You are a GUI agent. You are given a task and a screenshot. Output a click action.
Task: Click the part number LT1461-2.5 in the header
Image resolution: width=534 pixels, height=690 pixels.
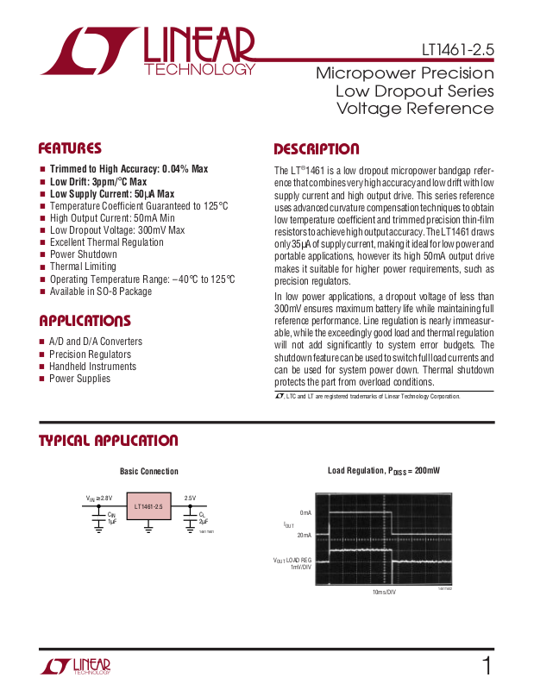click(x=458, y=49)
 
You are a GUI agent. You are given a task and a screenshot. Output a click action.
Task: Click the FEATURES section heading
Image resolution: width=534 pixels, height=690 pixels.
click(x=70, y=148)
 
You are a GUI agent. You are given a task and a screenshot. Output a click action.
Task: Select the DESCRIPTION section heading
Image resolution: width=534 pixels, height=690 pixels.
click(x=316, y=149)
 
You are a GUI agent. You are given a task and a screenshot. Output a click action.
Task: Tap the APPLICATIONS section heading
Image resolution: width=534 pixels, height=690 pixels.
click(x=85, y=321)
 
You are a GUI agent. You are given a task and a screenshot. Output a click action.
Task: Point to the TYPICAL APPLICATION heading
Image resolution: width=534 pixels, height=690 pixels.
click(x=108, y=441)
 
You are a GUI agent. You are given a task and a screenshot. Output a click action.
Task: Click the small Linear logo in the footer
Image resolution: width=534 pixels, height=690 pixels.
click(x=76, y=666)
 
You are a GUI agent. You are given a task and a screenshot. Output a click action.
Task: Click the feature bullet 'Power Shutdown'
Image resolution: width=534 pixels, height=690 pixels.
click(x=83, y=254)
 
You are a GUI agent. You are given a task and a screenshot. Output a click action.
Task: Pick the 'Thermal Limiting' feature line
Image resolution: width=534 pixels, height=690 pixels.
click(x=83, y=267)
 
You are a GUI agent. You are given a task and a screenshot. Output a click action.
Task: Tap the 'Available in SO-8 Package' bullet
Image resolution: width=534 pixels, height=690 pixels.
click(x=100, y=292)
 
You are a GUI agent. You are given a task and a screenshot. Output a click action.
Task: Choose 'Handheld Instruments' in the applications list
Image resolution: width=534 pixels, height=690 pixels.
click(x=92, y=367)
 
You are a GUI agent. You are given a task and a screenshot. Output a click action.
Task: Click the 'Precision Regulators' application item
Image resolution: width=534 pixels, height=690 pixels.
click(x=90, y=354)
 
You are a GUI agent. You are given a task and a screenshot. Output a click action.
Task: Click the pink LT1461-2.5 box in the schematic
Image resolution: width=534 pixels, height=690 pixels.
click(x=148, y=506)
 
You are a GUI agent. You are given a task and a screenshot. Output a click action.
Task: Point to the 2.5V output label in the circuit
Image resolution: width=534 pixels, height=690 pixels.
click(x=190, y=498)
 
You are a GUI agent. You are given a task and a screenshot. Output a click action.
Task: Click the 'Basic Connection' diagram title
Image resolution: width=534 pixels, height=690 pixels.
click(x=149, y=472)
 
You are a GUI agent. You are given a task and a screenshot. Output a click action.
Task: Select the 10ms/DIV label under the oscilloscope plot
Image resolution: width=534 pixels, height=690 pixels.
click(x=383, y=593)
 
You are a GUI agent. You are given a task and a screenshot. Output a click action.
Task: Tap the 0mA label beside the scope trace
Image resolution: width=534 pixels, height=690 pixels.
click(x=305, y=512)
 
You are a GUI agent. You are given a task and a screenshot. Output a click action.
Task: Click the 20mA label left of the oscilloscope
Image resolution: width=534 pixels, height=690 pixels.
click(x=305, y=535)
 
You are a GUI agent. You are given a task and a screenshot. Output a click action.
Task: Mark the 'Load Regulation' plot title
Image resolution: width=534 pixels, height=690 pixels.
click(x=383, y=471)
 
